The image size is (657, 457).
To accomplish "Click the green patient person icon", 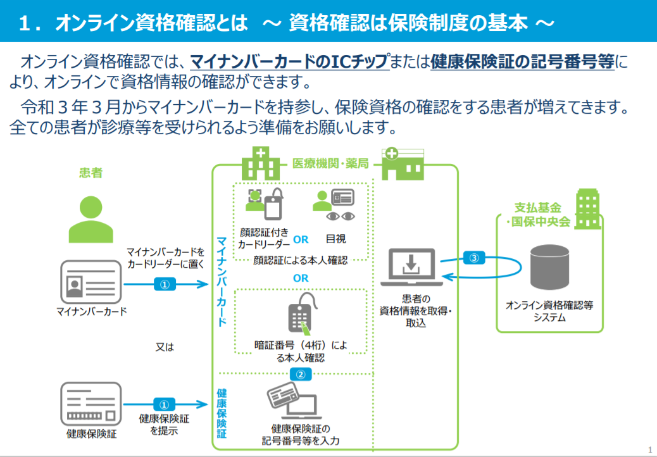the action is click(x=91, y=219).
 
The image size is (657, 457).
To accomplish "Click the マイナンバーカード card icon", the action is click(x=91, y=282).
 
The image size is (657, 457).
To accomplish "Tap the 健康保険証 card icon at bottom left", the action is click(x=91, y=404).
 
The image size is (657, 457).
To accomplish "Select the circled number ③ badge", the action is click(x=474, y=258).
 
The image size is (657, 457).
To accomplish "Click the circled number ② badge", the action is click(x=301, y=374).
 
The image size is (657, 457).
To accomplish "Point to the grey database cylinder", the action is click(x=549, y=267).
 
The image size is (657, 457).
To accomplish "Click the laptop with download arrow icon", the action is click(x=411, y=267).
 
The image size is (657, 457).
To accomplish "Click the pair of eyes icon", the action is click(x=341, y=216).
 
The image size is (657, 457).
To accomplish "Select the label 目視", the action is click(x=335, y=239).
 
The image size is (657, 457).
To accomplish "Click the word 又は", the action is click(x=165, y=347).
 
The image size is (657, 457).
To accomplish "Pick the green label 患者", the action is click(x=91, y=173).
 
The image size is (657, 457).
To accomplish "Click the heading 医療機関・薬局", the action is click(x=330, y=163).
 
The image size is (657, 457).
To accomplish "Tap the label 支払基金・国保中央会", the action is click(x=539, y=215).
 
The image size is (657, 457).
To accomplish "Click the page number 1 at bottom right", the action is click(x=650, y=450).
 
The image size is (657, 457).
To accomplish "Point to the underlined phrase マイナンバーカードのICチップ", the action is click(x=289, y=61).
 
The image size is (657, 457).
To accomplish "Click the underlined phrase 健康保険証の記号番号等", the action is click(x=523, y=61).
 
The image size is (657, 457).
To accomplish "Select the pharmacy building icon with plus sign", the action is click(x=403, y=163).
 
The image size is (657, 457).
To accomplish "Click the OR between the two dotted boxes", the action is click(x=301, y=278).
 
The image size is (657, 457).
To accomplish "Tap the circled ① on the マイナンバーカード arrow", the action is click(x=165, y=284).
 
